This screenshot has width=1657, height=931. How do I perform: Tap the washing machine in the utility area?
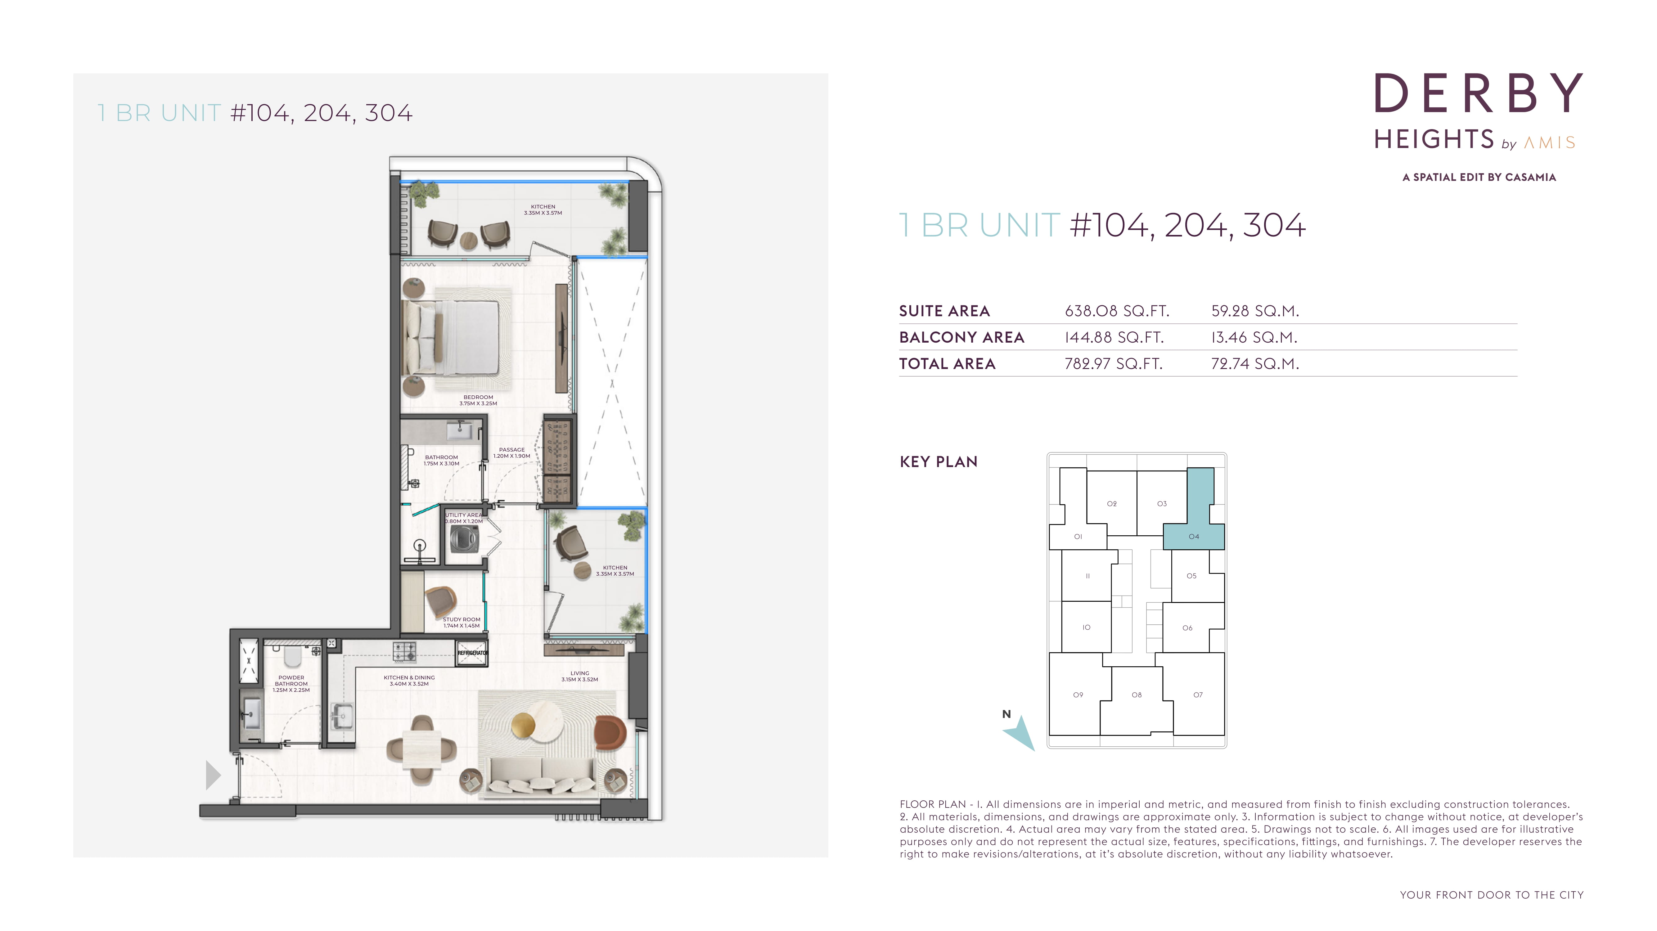tap(464, 538)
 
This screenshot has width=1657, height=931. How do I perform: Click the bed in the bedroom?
tap(450, 337)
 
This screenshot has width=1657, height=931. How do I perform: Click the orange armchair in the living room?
tap(610, 732)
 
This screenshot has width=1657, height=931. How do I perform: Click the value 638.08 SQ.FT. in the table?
tap(1117, 311)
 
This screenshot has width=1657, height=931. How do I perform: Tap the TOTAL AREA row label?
tap(947, 364)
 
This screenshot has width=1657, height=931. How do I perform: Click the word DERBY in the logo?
tap(1478, 94)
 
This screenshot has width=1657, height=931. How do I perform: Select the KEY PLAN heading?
tap(939, 462)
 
